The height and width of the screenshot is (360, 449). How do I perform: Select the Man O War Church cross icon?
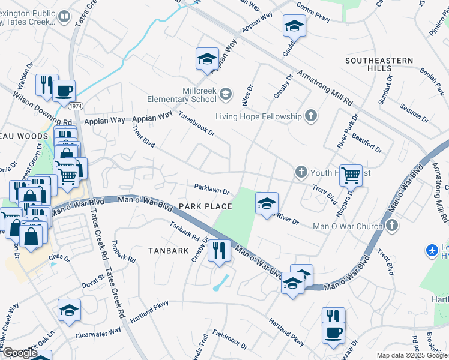[x=392, y=226]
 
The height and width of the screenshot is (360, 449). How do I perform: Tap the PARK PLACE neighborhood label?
[x=205, y=206]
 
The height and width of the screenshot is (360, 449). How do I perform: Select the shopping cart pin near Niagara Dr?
[x=351, y=175]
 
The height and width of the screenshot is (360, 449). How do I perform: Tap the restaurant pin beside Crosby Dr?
[x=219, y=250]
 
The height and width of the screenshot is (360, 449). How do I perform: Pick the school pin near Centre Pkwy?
[x=294, y=26]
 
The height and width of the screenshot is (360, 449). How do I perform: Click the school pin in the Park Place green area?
[x=266, y=203]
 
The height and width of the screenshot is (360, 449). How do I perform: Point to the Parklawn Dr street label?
[x=211, y=189]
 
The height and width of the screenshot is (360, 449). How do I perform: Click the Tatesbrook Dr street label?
[x=196, y=123]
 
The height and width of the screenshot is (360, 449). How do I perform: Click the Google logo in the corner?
[x=20, y=353]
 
